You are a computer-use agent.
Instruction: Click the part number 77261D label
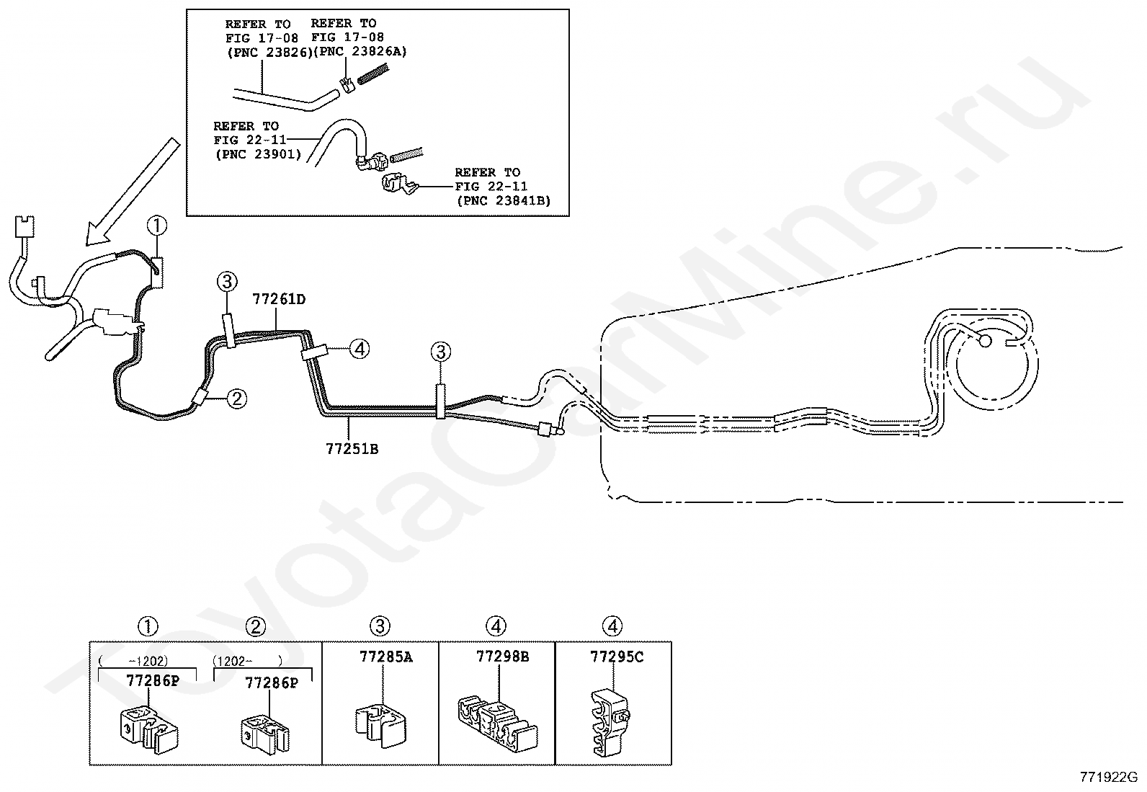pyautogui.click(x=279, y=299)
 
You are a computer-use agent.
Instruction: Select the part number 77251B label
pyautogui.click(x=352, y=449)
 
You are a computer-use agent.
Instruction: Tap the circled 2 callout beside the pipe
pyautogui.click(x=237, y=398)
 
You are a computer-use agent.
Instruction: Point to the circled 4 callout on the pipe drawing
pyautogui.click(x=360, y=350)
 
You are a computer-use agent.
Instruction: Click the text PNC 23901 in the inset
pyautogui.click(x=257, y=153)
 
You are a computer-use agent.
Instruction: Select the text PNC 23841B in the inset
pyautogui.click(x=504, y=200)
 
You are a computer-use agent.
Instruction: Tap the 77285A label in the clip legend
pyautogui.click(x=385, y=657)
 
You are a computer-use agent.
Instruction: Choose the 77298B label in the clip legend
pyautogui.click(x=502, y=657)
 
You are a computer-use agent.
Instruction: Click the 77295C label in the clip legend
pyautogui.click(x=617, y=657)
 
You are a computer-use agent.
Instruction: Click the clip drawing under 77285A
pyautogui.click(x=380, y=724)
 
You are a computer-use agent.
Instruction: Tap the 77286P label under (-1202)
pyautogui.click(x=152, y=680)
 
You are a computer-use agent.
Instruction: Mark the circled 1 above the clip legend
pyautogui.click(x=148, y=627)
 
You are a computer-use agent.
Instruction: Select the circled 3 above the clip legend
pyautogui.click(x=380, y=627)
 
